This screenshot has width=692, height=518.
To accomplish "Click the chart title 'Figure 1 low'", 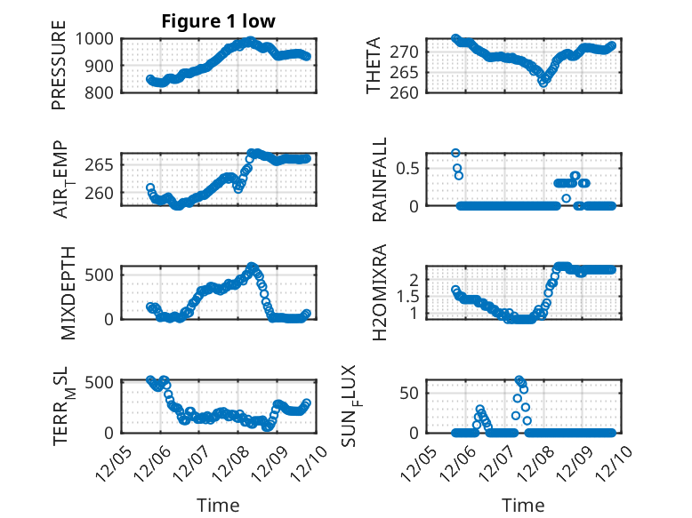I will click(x=219, y=21).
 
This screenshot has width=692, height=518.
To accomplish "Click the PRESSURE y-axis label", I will click(x=59, y=71).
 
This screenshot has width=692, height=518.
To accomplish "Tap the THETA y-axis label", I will click(x=374, y=67).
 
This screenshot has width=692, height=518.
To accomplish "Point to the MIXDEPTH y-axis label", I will click(x=70, y=292).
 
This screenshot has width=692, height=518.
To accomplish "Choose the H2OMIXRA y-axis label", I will click(x=380, y=292).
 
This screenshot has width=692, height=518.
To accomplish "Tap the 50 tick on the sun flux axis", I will click(x=412, y=394).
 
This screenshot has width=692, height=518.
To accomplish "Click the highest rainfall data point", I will click(x=455, y=153).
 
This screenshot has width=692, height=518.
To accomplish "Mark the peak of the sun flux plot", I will click(x=519, y=380).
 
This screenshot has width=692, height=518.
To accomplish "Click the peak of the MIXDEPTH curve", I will click(x=252, y=267).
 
